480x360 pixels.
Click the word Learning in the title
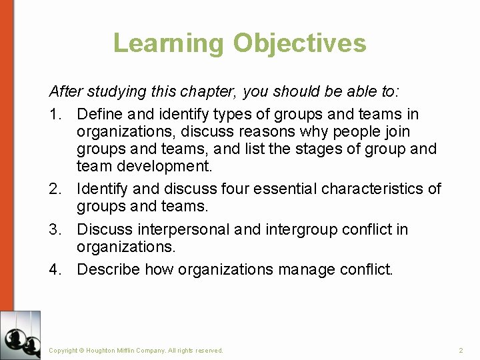(x=169, y=43)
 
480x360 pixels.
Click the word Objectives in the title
(x=299, y=43)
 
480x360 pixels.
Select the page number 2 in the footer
(x=461, y=350)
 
